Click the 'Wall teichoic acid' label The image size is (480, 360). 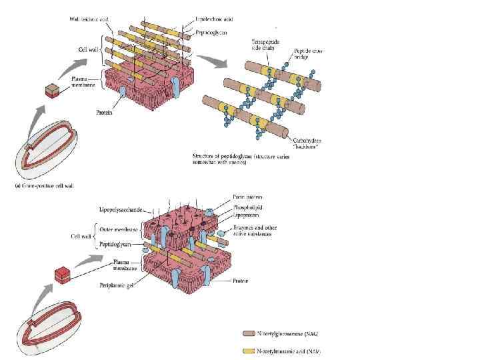click(89, 19)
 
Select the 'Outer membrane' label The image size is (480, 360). click(119, 229)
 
